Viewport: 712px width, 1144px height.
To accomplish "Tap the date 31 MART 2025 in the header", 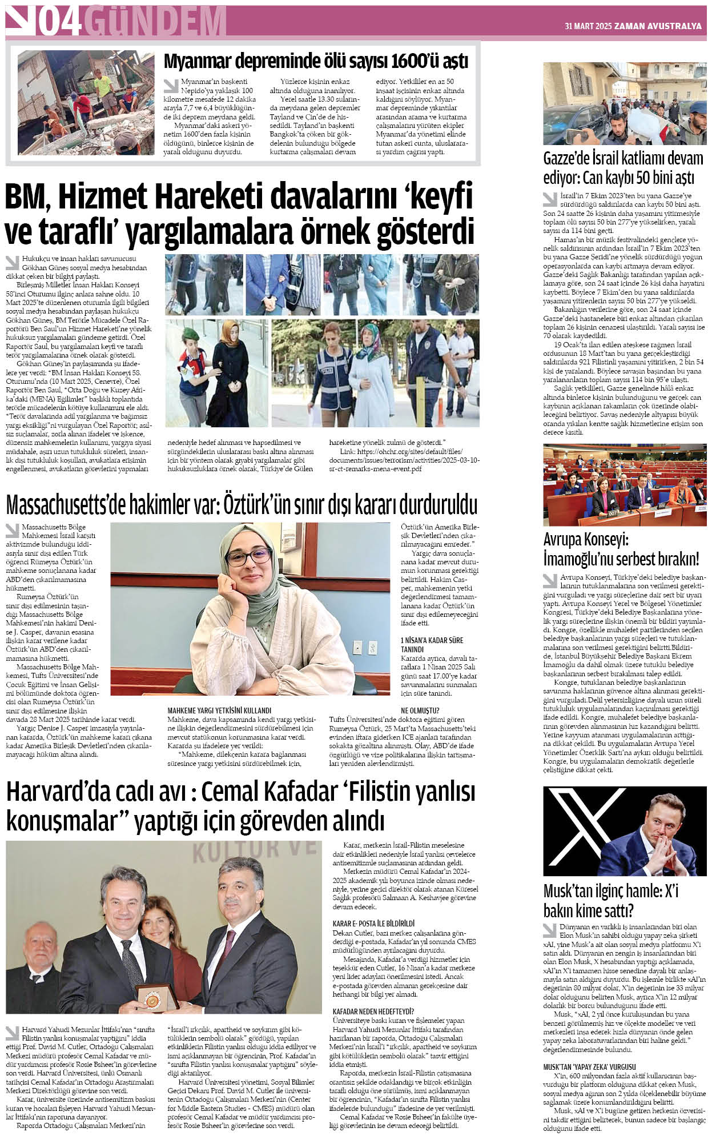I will coord(588,26).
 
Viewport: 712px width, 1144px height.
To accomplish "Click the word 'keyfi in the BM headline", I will coord(439,197).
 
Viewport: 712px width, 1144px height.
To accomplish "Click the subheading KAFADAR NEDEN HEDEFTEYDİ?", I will coord(373,1011).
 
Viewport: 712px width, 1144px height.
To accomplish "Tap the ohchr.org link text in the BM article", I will coord(404,460).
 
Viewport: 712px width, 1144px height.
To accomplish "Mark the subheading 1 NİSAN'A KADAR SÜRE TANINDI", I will coord(432,644).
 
